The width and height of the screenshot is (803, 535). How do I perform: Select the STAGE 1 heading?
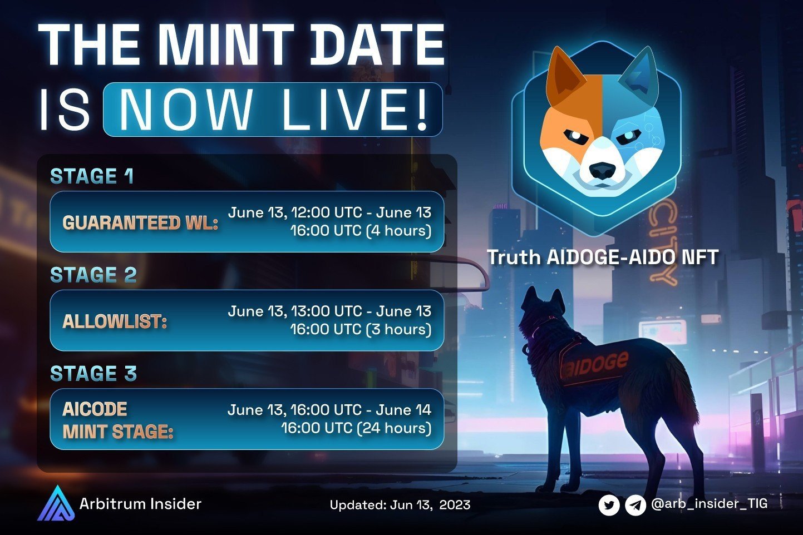click(x=92, y=176)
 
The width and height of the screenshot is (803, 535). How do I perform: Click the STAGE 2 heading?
click(x=93, y=275)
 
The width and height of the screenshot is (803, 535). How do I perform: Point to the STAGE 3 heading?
click(x=93, y=374)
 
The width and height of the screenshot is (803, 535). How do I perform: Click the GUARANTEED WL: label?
click(x=140, y=222)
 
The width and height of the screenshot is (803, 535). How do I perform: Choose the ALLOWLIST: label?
click(x=115, y=321)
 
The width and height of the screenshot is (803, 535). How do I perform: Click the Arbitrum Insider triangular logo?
click(x=55, y=503)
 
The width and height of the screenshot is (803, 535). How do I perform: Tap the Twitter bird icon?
click(x=609, y=506)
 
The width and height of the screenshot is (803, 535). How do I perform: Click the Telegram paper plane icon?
click(x=635, y=506)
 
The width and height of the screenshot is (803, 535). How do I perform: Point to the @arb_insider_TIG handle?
click(x=709, y=504)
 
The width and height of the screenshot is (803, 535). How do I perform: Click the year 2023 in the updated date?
click(x=455, y=505)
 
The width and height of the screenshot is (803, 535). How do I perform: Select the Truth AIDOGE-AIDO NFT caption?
click(x=603, y=257)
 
